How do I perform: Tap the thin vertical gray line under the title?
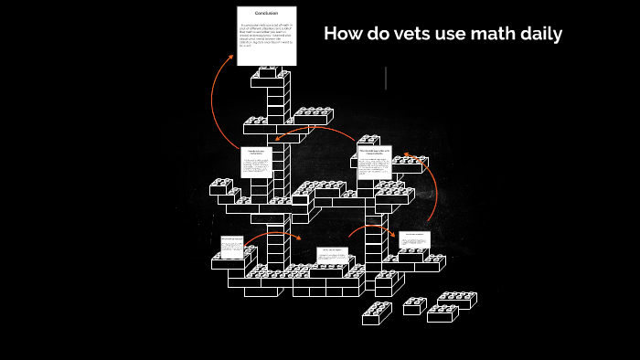point(386,79)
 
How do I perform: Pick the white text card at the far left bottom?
point(232,248)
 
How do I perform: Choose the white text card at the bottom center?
point(332,254)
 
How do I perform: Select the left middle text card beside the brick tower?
point(256,162)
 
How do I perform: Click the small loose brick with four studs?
point(413,306)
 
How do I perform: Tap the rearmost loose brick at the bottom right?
point(457,300)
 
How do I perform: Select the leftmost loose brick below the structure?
point(377,313)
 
